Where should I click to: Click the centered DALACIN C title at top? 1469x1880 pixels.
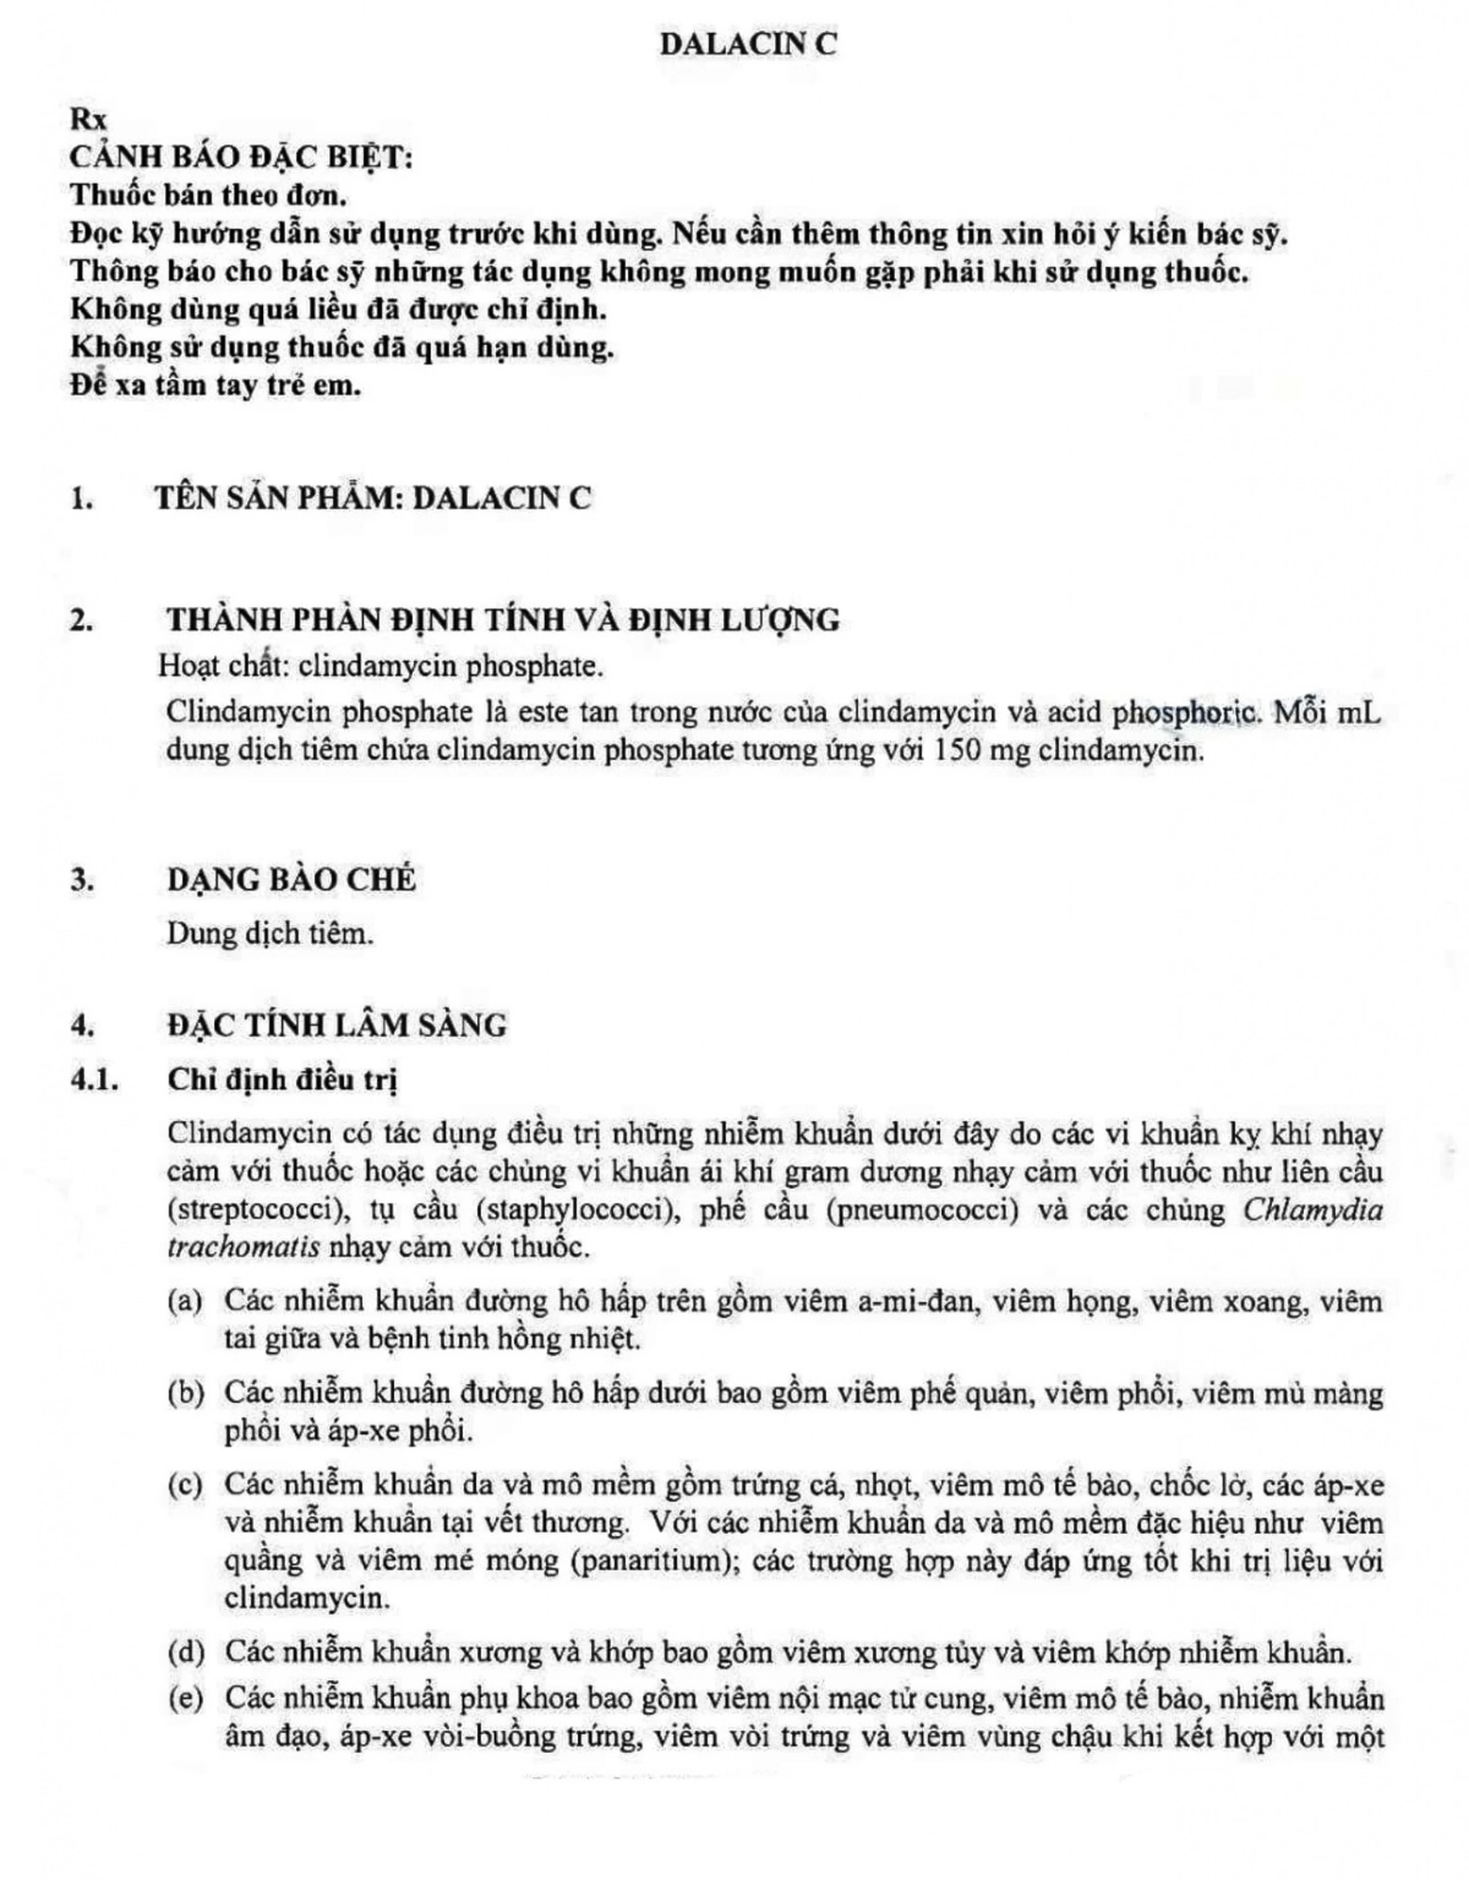click(748, 45)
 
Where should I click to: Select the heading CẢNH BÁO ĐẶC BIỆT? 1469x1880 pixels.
click(241, 158)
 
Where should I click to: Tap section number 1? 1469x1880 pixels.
click(82, 499)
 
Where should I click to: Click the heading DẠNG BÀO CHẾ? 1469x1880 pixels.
click(291, 879)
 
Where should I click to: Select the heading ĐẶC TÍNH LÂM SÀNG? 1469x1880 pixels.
click(337, 1025)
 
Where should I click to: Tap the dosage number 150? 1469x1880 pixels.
click(955, 750)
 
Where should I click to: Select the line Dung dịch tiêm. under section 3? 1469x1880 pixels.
click(270, 933)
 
